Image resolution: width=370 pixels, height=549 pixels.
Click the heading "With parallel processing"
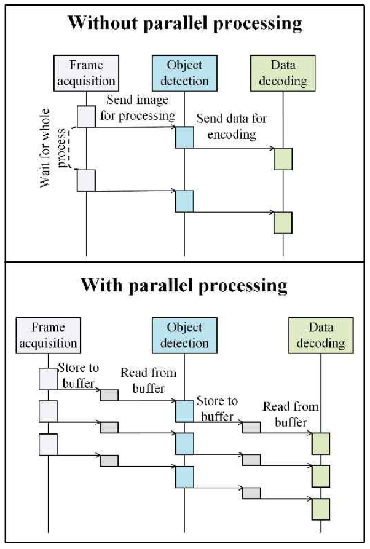pyautogui.click(x=184, y=286)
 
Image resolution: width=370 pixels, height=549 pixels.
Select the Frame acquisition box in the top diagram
pyautogui.click(x=86, y=73)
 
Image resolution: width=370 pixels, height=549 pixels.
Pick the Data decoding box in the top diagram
pyautogui.click(x=283, y=73)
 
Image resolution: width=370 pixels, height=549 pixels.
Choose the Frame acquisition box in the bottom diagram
pyautogui.click(x=47, y=334)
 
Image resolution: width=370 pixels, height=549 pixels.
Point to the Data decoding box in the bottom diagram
pyautogui.click(x=321, y=334)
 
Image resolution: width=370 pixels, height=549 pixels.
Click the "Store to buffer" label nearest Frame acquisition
pyautogui.click(x=76, y=375)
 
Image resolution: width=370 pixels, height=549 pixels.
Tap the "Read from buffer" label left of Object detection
pyautogui.click(x=148, y=381)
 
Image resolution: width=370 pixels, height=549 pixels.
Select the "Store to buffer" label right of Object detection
pyautogui.click(x=216, y=409)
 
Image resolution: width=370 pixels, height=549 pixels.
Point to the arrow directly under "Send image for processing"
pyautogui.click(x=135, y=127)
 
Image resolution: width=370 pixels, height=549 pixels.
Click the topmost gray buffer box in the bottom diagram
pyautogui.click(x=109, y=394)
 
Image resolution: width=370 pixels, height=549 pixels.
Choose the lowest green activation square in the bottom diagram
pyautogui.click(x=321, y=508)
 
